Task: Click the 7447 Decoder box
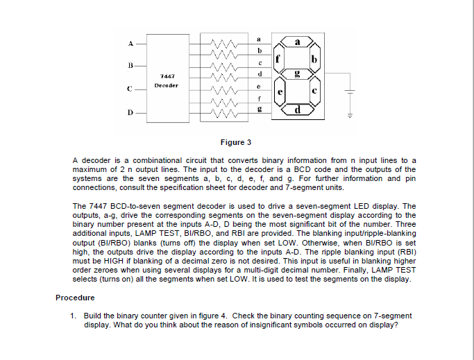click(167, 79)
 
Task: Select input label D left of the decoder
click(129, 112)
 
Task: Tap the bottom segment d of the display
click(298, 110)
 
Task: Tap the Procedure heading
click(75, 298)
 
